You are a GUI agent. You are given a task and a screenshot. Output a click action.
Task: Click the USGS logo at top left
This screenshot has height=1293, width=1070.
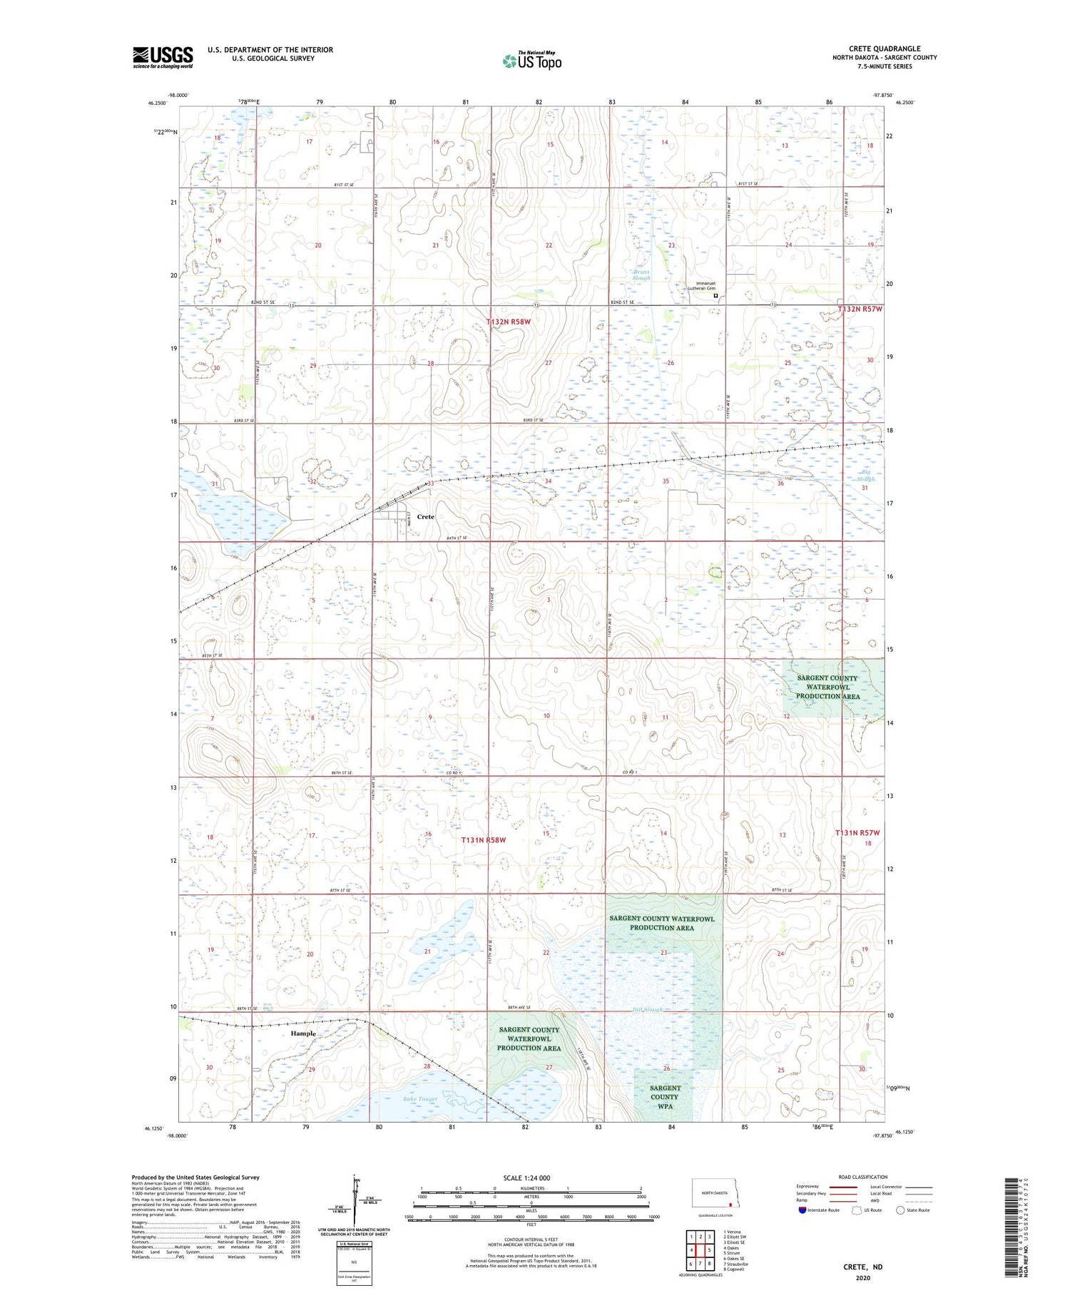click(163, 57)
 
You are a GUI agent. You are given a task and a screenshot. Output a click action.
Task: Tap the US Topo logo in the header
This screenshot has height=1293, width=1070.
click(531, 61)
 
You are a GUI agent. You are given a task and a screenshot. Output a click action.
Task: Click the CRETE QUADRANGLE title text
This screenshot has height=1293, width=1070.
click(885, 48)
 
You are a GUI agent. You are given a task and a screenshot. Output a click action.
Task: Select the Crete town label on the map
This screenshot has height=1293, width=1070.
click(425, 516)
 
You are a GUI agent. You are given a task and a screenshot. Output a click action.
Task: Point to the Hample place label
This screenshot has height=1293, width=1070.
click(302, 1033)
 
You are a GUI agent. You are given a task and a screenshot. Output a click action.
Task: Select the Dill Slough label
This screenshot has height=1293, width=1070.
click(648, 1010)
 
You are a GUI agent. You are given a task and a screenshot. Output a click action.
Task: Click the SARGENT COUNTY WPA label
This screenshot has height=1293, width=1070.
click(664, 1097)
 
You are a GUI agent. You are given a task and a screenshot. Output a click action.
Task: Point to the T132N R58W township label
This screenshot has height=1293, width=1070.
click(509, 322)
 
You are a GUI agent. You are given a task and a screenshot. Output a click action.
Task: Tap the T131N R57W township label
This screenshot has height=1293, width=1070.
click(857, 832)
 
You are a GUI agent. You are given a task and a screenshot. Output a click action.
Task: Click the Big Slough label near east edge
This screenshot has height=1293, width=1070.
click(867, 475)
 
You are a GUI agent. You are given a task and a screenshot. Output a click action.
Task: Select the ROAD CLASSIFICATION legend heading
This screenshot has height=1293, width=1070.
click(863, 1177)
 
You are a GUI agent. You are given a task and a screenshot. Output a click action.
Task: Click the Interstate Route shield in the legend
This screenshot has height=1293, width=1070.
click(802, 1210)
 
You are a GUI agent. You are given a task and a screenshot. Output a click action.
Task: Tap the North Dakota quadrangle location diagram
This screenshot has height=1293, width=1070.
click(716, 1193)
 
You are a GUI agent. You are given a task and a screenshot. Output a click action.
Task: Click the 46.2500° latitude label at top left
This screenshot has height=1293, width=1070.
click(158, 103)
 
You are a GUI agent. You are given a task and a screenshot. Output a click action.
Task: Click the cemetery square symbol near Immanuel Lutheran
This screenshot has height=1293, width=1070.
click(715, 295)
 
